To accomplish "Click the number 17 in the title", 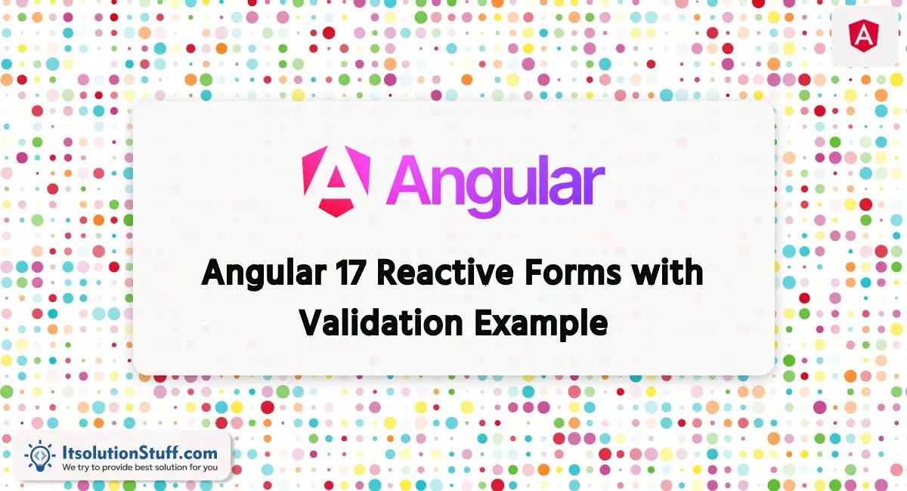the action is click(x=349, y=273).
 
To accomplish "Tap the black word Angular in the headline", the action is click(x=264, y=274).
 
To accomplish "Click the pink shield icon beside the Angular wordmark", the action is click(x=336, y=181).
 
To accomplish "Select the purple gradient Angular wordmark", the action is click(x=495, y=185).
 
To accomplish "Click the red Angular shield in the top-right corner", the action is click(x=864, y=36).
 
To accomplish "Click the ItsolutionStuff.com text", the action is click(x=140, y=452).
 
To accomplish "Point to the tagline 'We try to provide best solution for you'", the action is click(x=140, y=468).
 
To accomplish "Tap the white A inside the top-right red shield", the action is click(x=864, y=36).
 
